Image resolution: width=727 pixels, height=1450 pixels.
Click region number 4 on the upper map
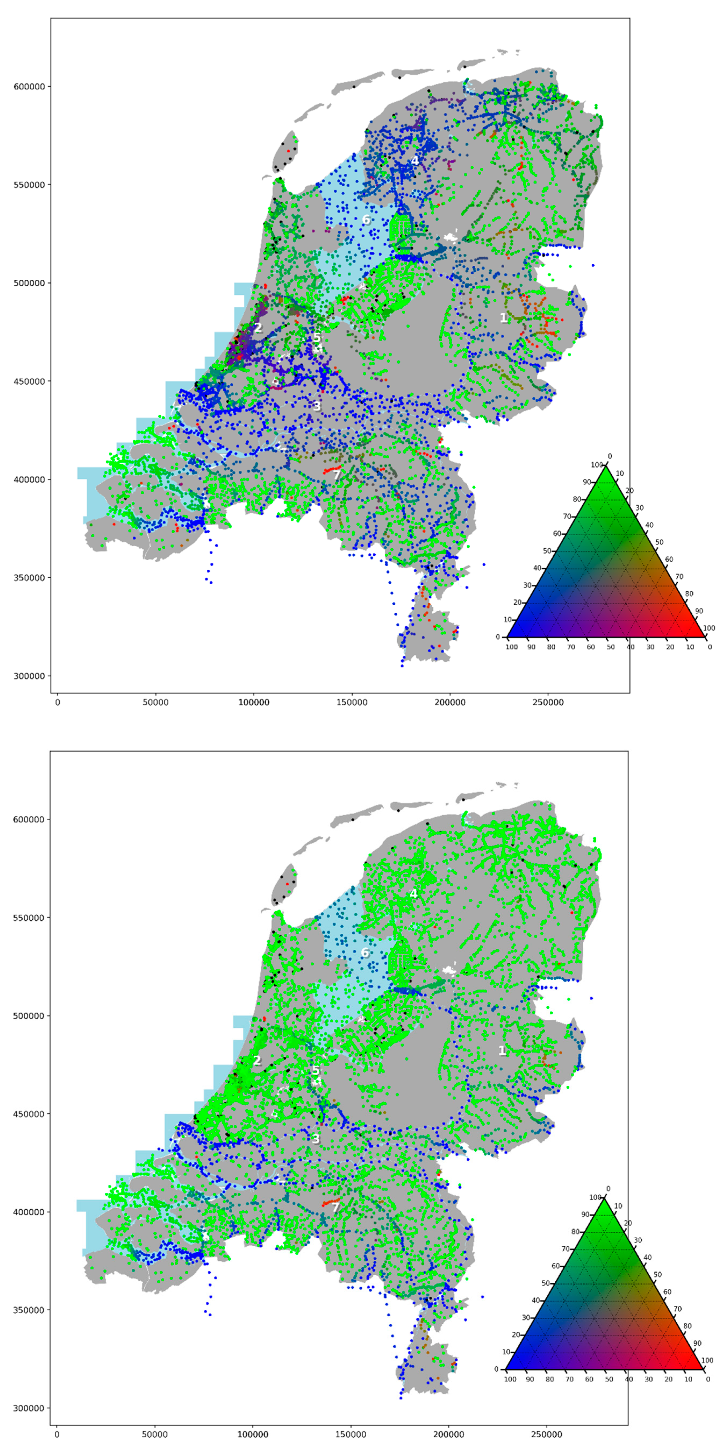pos(415,161)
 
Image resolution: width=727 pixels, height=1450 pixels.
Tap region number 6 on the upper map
pos(366,219)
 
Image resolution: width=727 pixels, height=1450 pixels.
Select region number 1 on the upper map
pos(504,318)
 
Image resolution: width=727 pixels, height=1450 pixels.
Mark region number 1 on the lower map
pos(502,1051)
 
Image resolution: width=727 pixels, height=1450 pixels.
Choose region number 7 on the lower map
pos(335,1208)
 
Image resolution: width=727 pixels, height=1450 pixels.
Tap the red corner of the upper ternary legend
pos(705,637)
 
